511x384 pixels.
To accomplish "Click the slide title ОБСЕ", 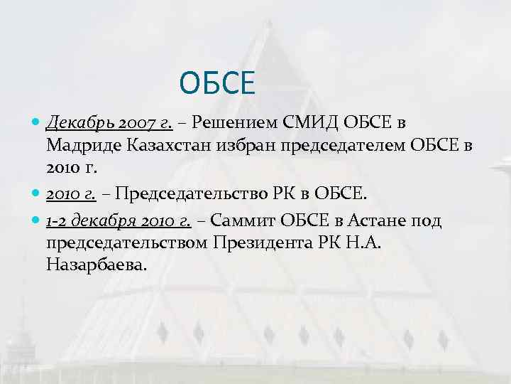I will point(216,83).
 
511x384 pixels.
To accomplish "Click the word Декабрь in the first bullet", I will point(79,124).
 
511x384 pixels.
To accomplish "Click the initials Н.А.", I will point(370,244).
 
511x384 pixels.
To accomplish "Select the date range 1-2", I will point(55,221).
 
